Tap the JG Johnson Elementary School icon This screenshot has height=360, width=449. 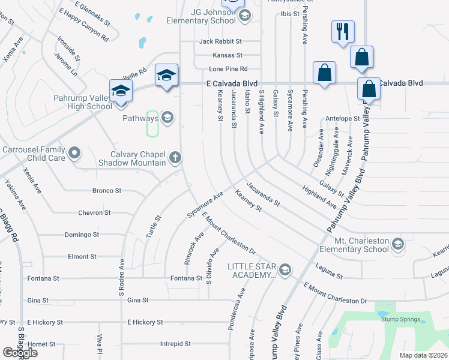pyautogui.click(x=244, y=16)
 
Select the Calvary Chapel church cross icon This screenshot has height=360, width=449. pyautogui.click(x=175, y=158)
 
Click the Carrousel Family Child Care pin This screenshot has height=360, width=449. pyautogui.click(x=74, y=153)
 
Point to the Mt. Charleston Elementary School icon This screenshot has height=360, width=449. pyautogui.click(x=397, y=244)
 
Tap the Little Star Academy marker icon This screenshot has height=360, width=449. pyautogui.click(x=285, y=269)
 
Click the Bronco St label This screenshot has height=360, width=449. pyautogui.click(x=107, y=191)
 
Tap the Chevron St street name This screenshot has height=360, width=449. pyautogui.click(x=94, y=213)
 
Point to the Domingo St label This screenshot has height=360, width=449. pyautogui.click(x=82, y=235)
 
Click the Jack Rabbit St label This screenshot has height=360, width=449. pyautogui.click(x=220, y=41)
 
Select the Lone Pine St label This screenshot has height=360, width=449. pyautogui.click(x=225, y=69)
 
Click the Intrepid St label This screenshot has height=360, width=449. pyautogui.click(x=175, y=344)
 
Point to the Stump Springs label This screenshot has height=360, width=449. pyautogui.click(x=400, y=319)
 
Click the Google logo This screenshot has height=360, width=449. pyautogui.click(x=20, y=352)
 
